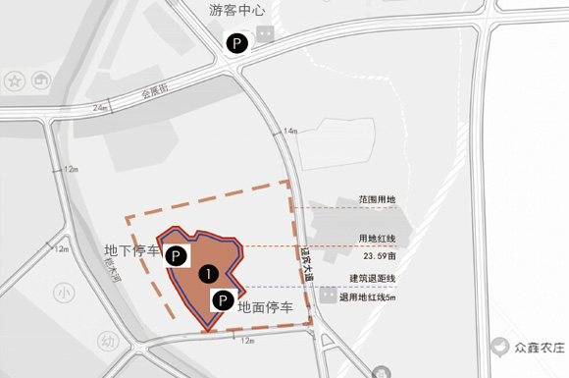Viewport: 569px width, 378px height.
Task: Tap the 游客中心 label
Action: tap(238, 11)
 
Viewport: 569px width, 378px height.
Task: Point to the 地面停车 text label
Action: tap(265, 307)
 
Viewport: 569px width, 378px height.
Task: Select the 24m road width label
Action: tap(101, 106)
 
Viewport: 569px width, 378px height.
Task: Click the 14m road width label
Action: tap(289, 131)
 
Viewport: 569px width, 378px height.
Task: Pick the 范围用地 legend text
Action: tap(378, 200)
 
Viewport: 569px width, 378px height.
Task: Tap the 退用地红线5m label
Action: tap(368, 297)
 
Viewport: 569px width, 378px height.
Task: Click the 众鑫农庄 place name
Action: tap(539, 347)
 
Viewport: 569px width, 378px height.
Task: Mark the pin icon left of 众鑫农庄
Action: tap(501, 347)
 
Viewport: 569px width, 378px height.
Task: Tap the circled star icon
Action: tap(15, 80)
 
